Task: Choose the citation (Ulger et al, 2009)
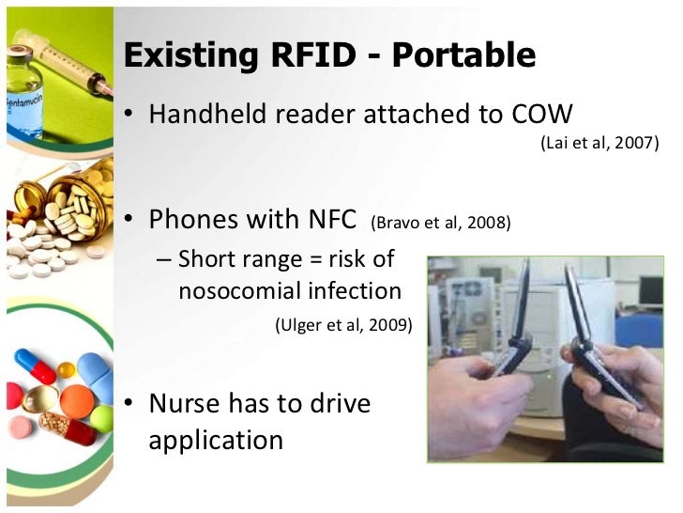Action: (342, 325)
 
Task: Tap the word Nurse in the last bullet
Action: (185, 404)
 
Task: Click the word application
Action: (215, 440)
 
